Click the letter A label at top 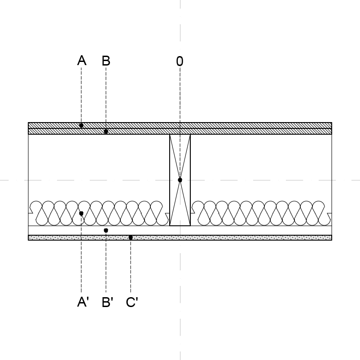pyautogui.click(x=82, y=61)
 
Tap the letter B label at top pyautogui.click(x=106, y=61)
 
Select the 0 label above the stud pyautogui.click(x=180, y=61)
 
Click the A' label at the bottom pyautogui.click(x=83, y=302)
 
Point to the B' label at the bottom pyautogui.click(x=107, y=302)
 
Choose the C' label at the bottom pyautogui.click(x=132, y=302)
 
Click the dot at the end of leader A pyautogui.click(x=81, y=125)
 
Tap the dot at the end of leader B pyautogui.click(x=106, y=132)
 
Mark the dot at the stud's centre pyautogui.click(x=180, y=180)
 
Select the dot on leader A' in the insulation pyautogui.click(x=81, y=214)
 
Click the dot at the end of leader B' pyautogui.click(x=106, y=230)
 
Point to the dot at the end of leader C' pyautogui.click(x=131, y=237)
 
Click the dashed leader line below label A pyautogui.click(x=81, y=95)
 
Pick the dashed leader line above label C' pyautogui.click(x=131, y=266)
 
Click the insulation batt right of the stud pyautogui.click(x=261, y=213)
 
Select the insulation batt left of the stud pyautogui.click(x=99, y=213)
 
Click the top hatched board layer pyautogui.click(x=180, y=125)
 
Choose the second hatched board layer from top pyautogui.click(x=180, y=132)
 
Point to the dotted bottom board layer pyautogui.click(x=180, y=237)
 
